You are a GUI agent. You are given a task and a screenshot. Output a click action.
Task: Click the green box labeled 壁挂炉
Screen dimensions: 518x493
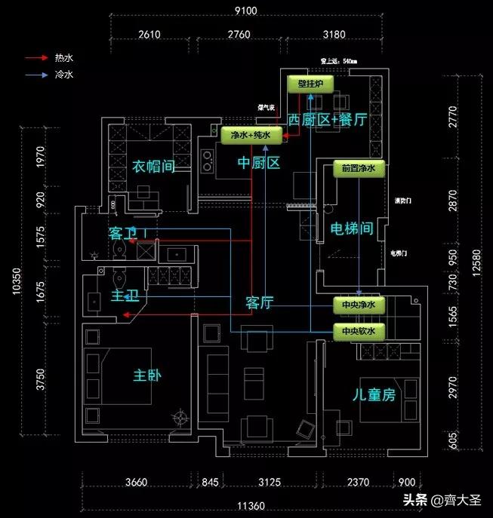click(x=311, y=84)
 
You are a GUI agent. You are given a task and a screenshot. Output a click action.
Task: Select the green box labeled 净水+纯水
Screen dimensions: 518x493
click(x=251, y=136)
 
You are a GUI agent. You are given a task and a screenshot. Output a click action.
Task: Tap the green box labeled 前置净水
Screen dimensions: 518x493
click(x=359, y=169)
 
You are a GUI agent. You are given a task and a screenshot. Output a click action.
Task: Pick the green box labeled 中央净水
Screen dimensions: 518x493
click(x=359, y=305)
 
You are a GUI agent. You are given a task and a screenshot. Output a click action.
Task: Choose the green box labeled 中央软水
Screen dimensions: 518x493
click(x=359, y=331)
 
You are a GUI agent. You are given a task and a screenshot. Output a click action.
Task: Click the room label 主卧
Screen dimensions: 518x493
click(x=149, y=375)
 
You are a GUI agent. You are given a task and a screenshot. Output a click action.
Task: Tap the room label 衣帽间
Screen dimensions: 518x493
click(x=154, y=165)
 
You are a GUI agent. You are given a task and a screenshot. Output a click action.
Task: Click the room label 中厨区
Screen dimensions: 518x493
click(x=258, y=162)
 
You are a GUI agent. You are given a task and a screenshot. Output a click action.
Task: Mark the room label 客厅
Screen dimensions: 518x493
click(x=259, y=302)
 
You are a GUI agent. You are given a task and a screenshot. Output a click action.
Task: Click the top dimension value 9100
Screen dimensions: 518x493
click(x=246, y=10)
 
